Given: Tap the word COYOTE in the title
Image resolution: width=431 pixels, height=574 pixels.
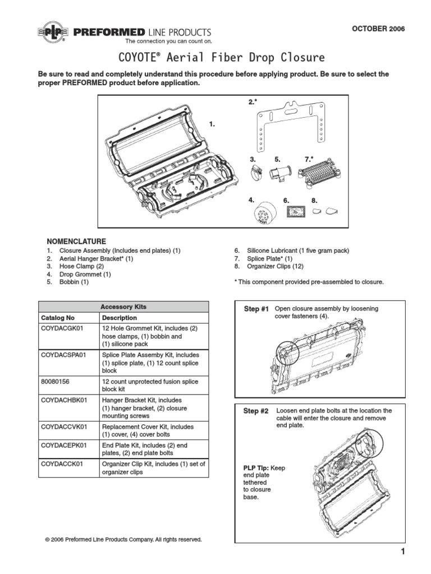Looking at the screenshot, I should (x=141, y=58).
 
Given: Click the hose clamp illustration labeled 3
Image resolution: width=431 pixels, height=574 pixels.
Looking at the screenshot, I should (x=256, y=174).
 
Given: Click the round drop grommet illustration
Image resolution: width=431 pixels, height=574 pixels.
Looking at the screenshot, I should (x=262, y=214).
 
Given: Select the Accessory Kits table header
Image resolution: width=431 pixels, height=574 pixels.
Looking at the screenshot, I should (x=123, y=307).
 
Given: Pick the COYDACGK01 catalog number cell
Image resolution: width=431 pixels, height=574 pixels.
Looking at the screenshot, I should (x=62, y=328).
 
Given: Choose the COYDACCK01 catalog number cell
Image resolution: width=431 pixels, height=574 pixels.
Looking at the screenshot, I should (x=62, y=464).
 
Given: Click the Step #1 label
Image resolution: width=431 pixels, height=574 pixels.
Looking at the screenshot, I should (x=256, y=309).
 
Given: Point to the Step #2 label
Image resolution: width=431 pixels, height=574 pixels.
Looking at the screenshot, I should (x=256, y=411).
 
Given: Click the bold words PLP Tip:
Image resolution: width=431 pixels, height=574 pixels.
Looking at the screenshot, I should (x=256, y=467).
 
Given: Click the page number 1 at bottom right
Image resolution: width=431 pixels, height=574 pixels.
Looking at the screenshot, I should (x=402, y=552).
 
